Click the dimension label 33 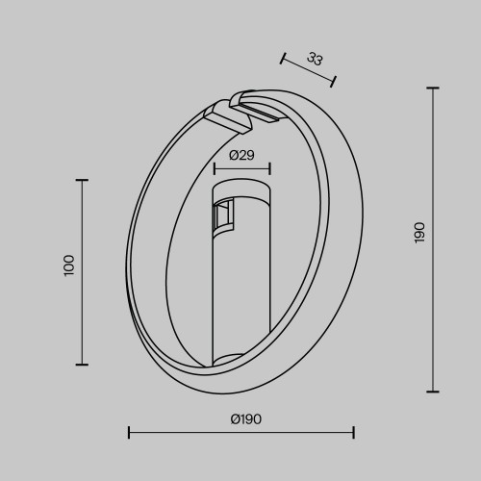[315, 59]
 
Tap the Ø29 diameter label [241, 155]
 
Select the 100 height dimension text [68, 266]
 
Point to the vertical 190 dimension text [418, 232]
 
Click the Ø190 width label [246, 418]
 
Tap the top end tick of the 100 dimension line [81, 180]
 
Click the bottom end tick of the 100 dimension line [81, 365]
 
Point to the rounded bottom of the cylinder [240, 363]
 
